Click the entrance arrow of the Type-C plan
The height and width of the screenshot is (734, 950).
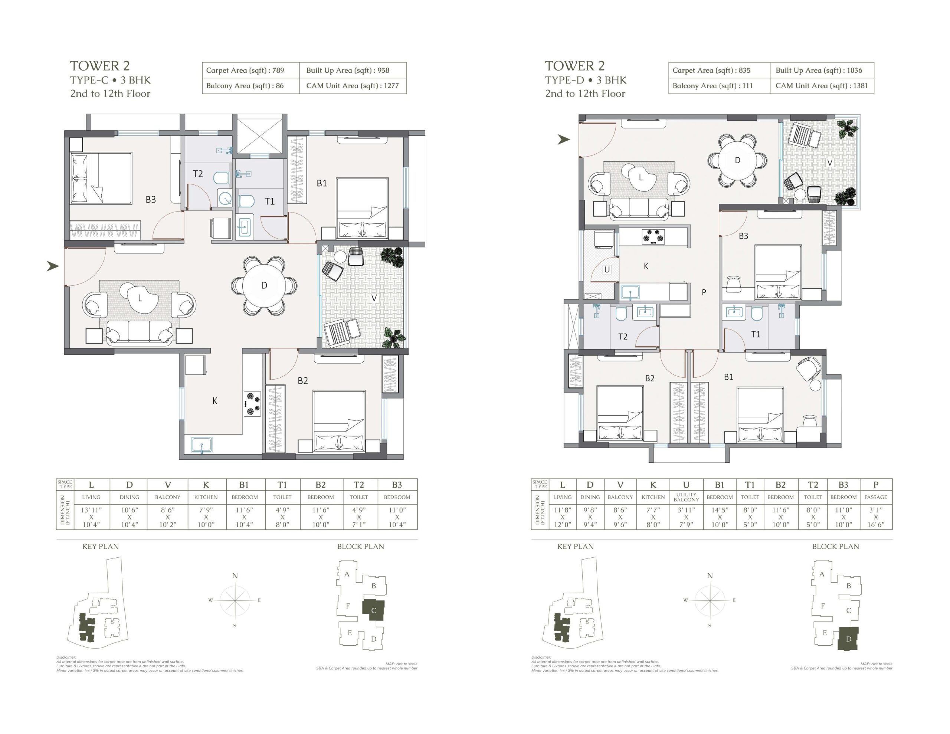point(53,266)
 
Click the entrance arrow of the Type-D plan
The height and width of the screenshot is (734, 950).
point(564,139)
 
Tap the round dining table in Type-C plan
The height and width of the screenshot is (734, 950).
point(264,285)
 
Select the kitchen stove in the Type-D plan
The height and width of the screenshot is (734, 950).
point(653,237)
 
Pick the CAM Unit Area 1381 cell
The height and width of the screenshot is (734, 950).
point(822,86)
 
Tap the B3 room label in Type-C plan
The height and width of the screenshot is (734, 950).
point(151,200)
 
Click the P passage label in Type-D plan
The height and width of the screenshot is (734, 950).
point(704,292)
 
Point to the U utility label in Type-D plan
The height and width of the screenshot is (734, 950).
point(607,270)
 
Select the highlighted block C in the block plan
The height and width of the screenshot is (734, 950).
point(373,610)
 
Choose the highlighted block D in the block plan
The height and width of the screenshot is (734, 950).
point(848,639)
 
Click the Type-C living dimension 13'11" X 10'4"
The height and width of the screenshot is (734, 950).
point(91,517)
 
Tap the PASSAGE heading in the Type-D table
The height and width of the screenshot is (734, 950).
point(876,497)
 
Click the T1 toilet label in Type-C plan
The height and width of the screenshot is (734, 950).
point(270,201)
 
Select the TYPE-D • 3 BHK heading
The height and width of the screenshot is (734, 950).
point(586,80)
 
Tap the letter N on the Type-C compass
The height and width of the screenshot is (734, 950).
point(235,576)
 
